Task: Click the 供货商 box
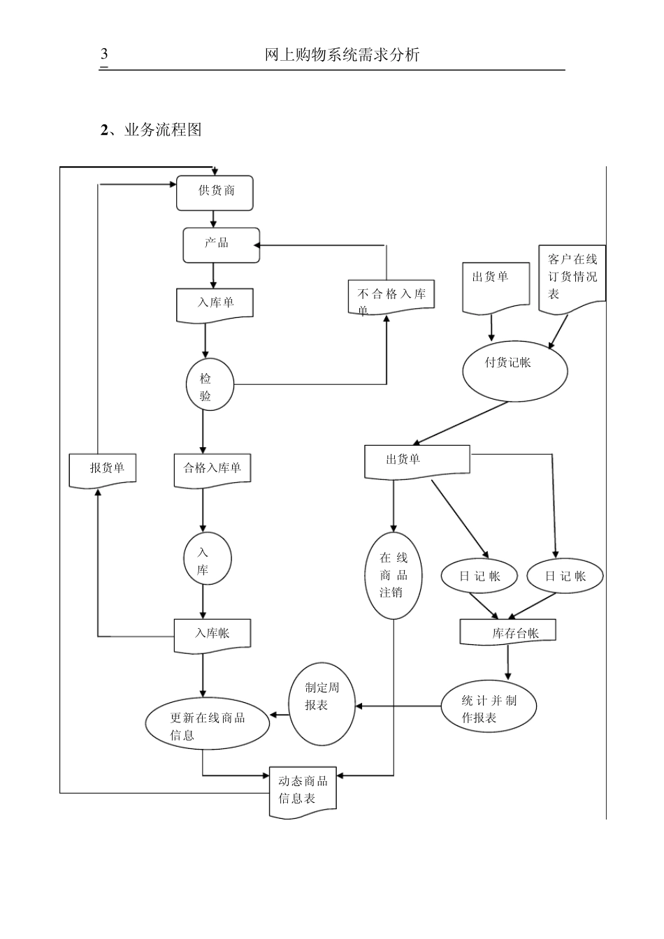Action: (215, 193)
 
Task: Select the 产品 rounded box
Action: (221, 245)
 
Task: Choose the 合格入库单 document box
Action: (212, 469)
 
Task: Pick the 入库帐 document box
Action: (212, 634)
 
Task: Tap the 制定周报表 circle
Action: (322, 702)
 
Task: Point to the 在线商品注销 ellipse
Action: (394, 576)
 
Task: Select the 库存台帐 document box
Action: (508, 632)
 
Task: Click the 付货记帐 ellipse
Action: (515, 368)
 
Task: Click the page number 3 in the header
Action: (104, 54)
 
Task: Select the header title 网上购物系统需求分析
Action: (342, 55)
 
